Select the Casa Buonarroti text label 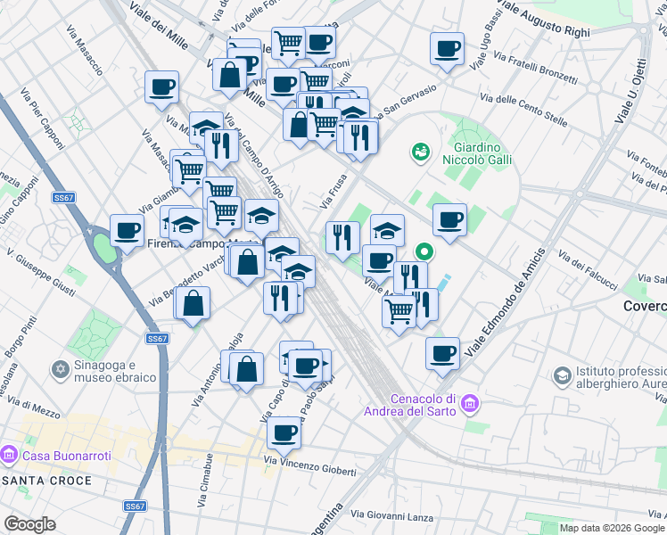tap(67, 456)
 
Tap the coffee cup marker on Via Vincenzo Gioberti tap(284, 434)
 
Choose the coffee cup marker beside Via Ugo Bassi tap(446, 49)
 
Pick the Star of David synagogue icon tap(62, 368)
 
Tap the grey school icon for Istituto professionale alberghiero tap(562, 375)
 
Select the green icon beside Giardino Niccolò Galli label tap(419, 153)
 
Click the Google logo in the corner tap(29, 524)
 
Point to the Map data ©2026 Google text tap(612, 528)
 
